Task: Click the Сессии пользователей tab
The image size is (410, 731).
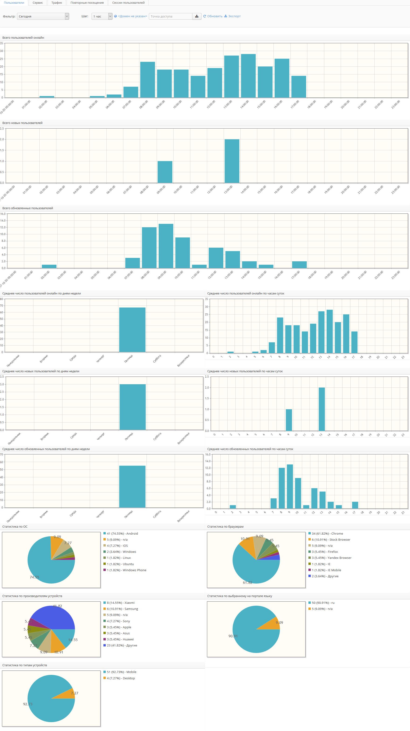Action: [x=128, y=3]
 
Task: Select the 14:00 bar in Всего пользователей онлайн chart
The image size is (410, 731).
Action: [x=248, y=76]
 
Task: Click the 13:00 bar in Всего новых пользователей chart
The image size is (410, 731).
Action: [x=232, y=161]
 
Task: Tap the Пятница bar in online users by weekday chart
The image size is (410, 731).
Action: [x=132, y=330]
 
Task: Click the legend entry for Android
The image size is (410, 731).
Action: [x=122, y=533]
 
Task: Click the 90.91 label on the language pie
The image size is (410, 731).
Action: [x=233, y=636]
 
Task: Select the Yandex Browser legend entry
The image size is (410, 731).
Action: [x=331, y=558]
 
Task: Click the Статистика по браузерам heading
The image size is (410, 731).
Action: [x=225, y=526]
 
